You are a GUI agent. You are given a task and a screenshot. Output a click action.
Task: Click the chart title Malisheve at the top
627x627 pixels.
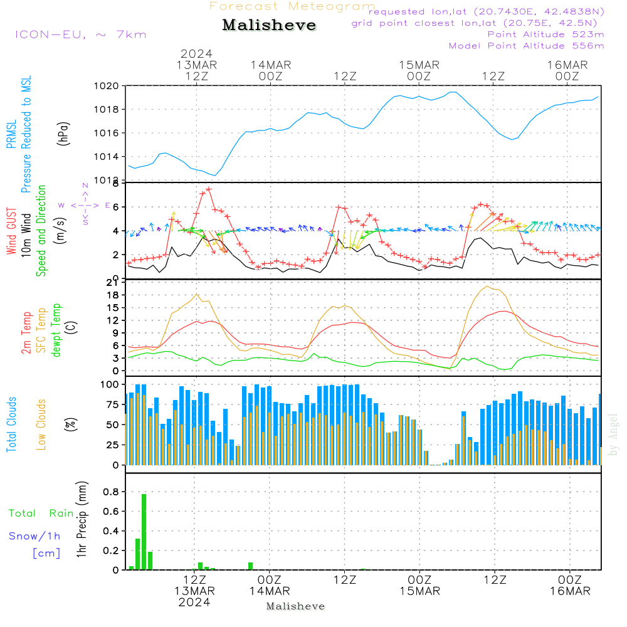(269, 26)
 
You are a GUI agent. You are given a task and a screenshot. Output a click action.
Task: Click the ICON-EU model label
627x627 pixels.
(80, 34)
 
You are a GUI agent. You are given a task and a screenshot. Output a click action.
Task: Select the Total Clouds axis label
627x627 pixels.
(12, 424)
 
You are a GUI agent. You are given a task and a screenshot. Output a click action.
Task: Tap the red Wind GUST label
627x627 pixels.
(12, 232)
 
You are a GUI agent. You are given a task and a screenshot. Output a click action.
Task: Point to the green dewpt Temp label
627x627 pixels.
(57, 330)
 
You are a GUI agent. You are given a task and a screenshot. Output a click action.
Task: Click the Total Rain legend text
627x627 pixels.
(41, 514)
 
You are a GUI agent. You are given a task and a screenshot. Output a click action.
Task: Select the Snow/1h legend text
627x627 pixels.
(34, 536)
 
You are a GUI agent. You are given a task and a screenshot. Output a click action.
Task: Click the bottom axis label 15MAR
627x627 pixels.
(419, 591)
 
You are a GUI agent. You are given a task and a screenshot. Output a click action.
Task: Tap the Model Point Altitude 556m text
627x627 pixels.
(526, 46)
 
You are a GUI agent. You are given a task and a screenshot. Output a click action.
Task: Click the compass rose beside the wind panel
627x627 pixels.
(85, 205)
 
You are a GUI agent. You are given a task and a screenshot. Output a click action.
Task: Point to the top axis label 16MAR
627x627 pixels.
(567, 65)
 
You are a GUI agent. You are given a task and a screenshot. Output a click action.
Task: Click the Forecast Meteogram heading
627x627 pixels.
(292, 7)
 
